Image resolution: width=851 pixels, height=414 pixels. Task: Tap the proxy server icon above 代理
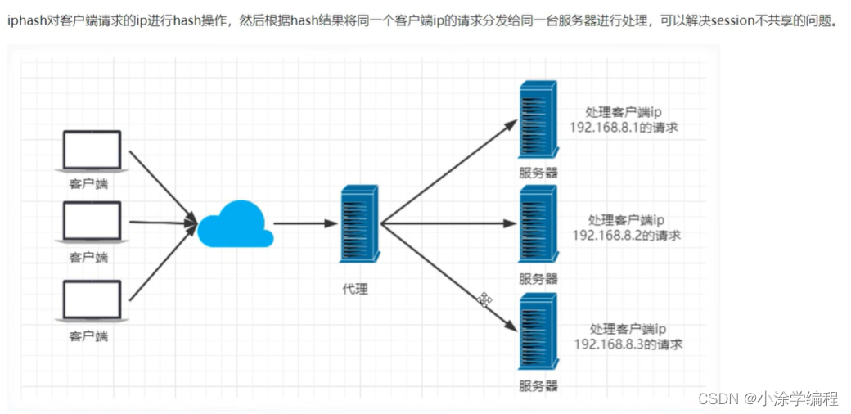coord(361,223)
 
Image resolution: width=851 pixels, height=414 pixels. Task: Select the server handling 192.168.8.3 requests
coord(538,331)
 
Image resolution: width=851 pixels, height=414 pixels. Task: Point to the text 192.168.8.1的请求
coord(625,128)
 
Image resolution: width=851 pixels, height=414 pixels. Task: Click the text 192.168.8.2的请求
coord(627,236)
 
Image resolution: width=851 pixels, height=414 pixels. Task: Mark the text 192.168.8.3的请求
coord(628,344)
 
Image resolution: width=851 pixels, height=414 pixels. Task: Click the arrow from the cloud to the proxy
coord(303,223)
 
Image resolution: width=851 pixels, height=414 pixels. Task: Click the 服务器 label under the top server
coord(538,173)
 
